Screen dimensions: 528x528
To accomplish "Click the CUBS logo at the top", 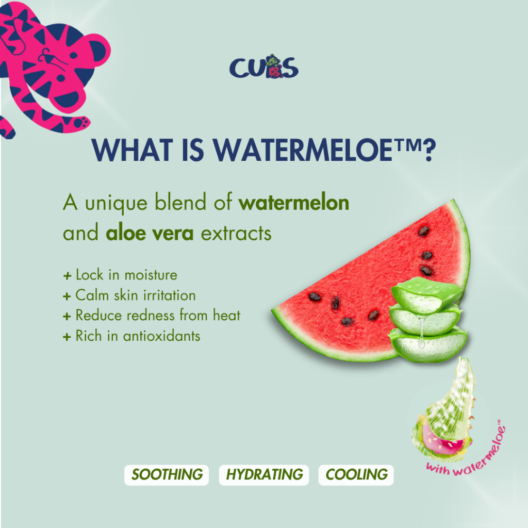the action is pos(263,67).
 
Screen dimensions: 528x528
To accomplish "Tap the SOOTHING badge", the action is pos(167,475).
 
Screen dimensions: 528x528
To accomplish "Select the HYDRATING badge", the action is pos(263,475).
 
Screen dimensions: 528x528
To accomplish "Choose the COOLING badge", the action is pos(356,475).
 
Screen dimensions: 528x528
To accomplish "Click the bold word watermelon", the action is pos(293,203).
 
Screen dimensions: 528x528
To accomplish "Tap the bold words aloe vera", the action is pos(150,233).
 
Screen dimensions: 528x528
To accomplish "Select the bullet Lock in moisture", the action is pos(120,275).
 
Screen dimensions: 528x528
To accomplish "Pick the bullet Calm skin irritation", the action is pos(129,295).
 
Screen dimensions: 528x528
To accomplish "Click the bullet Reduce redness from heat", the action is pos(152,316).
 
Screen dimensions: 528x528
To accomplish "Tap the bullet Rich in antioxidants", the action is pos(131,336).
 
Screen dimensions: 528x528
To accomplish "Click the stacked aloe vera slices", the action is pos(427,320).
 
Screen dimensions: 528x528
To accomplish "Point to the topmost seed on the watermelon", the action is pos(423,231).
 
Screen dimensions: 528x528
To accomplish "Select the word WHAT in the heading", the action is pos(133,150).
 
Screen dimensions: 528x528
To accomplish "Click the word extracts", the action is pos(236,233).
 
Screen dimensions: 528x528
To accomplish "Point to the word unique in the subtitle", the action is pos(116,203).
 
